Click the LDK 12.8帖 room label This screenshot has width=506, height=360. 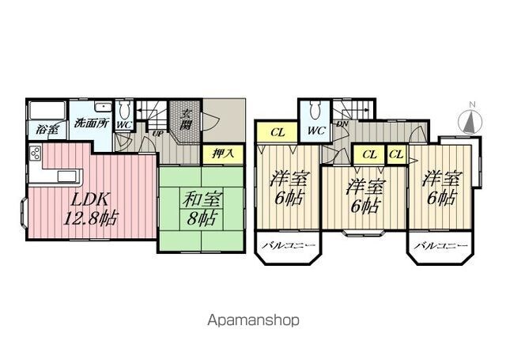[91, 209]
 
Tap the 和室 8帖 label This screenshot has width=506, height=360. [202, 208]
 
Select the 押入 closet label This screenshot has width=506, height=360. [223, 153]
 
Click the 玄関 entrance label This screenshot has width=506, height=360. [185, 119]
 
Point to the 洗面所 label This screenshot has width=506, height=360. [92, 123]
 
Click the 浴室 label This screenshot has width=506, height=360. [47, 130]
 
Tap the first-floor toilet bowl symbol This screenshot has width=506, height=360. [124, 111]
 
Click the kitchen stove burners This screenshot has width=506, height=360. [35, 153]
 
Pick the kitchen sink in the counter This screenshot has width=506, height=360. [67, 176]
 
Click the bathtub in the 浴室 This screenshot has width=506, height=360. [47, 111]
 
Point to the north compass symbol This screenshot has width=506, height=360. [470, 120]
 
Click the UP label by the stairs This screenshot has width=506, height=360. [157, 134]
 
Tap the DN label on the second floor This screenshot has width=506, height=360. [342, 124]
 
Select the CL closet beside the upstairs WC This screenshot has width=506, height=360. [278, 132]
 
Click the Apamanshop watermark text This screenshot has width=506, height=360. [253, 320]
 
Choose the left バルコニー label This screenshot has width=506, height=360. [288, 246]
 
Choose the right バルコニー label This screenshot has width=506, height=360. [441, 246]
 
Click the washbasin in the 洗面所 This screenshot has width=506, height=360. [103, 108]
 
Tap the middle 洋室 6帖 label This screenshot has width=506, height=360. [365, 197]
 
